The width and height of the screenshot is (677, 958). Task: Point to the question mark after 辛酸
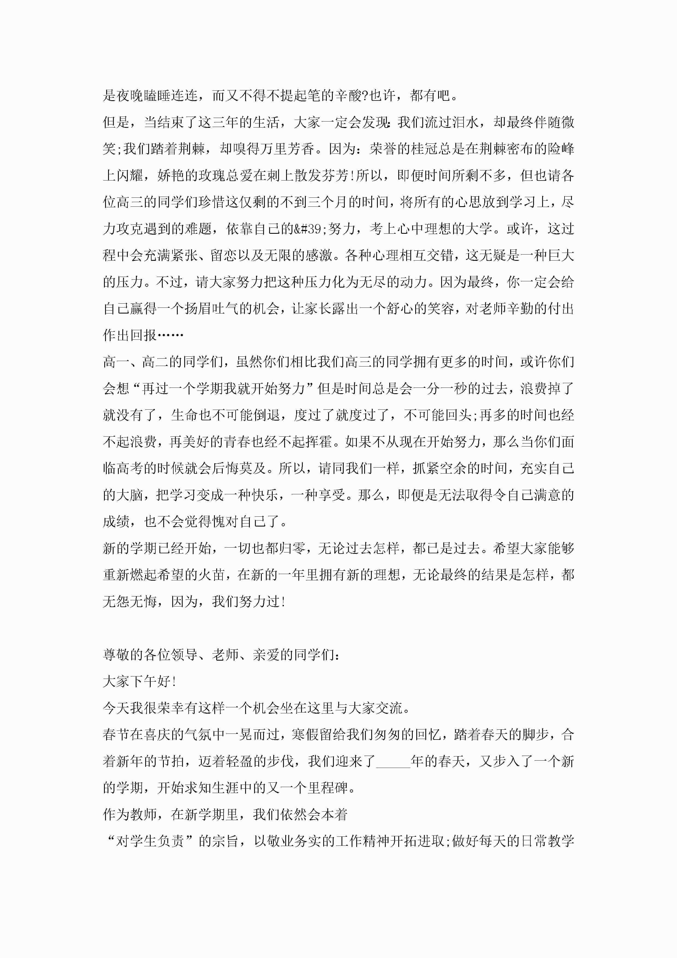click(366, 96)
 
